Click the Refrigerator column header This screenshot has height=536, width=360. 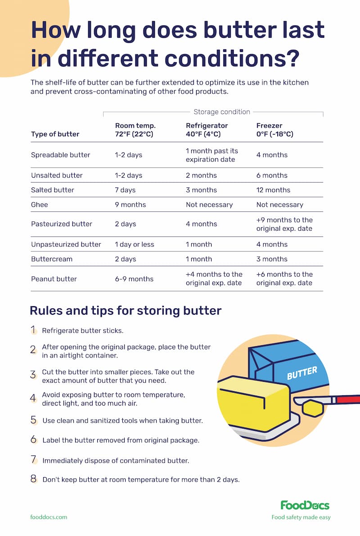[207, 130]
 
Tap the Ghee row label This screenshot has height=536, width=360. [40, 205]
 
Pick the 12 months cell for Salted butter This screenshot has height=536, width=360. [273, 190]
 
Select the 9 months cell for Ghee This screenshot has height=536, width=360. [130, 205]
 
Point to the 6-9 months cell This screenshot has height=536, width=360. [134, 279]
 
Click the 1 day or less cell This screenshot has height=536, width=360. [135, 244]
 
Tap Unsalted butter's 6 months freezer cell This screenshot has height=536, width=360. [272, 175]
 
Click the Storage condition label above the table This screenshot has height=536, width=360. [221, 112]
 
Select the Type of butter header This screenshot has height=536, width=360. [55, 134]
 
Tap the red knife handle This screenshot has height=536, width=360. [349, 399]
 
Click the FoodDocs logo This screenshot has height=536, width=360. [305, 505]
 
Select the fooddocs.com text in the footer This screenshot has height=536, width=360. [49, 517]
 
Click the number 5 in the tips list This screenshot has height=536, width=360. [33, 420]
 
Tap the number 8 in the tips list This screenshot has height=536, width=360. [33, 479]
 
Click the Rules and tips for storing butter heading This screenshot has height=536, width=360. [125, 310]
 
